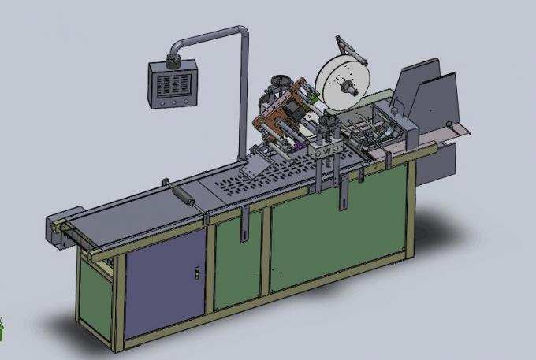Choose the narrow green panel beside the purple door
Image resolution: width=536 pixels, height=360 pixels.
(x=236, y=260)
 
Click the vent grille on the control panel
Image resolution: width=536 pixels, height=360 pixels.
(x=170, y=82)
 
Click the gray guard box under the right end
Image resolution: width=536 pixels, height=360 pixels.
(x=441, y=161)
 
